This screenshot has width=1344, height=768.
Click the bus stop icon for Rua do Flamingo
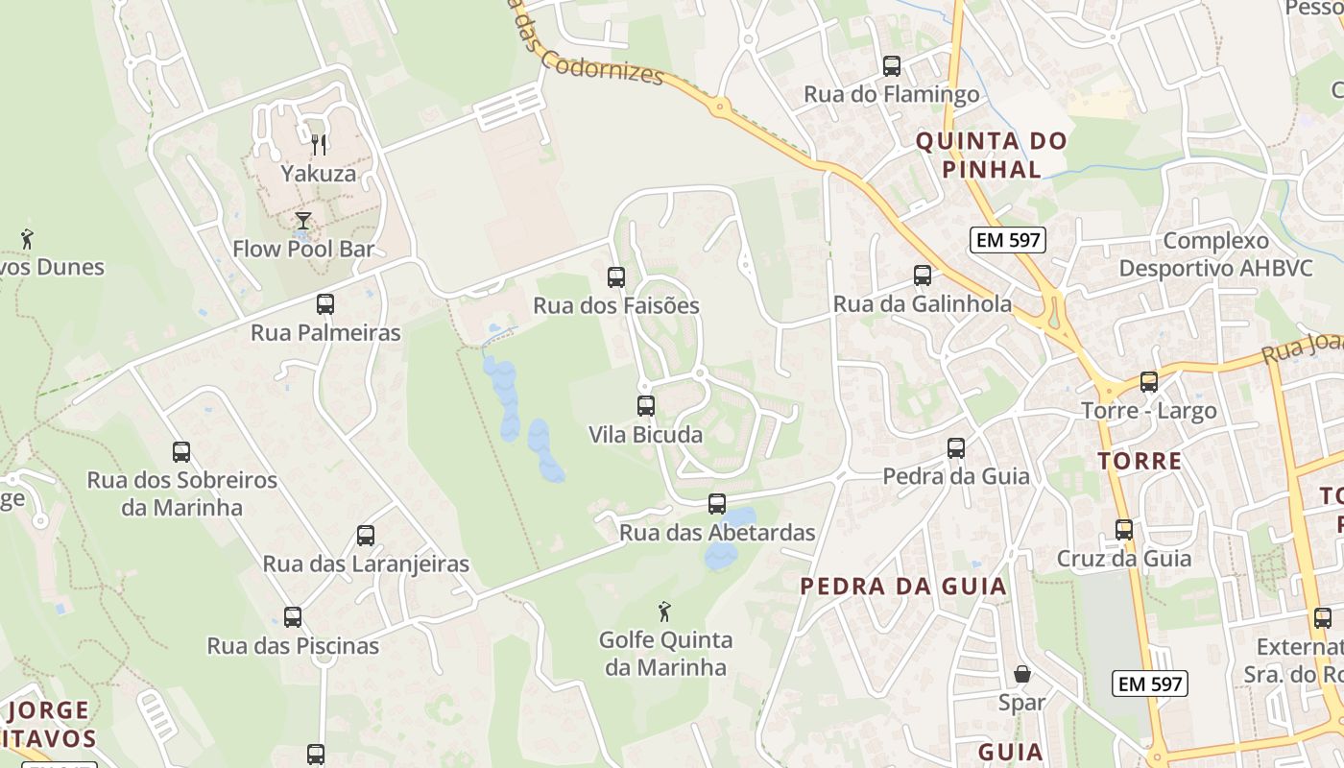pos(892,66)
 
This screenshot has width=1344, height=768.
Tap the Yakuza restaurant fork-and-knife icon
pos(319,145)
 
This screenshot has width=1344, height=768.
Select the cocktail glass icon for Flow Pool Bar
pos(303,221)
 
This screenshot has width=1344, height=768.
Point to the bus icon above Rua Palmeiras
pos(325,304)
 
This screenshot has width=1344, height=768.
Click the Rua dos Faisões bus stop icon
pos(616,277)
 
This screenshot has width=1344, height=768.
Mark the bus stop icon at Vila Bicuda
pos(646,406)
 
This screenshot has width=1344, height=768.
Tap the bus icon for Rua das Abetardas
pos(717,504)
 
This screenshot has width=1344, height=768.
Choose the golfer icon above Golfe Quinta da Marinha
pos(663,612)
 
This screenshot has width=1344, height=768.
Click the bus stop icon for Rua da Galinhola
pos(923,276)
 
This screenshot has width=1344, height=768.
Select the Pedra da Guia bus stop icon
pos(956,448)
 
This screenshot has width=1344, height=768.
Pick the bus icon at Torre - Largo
pos(1149,382)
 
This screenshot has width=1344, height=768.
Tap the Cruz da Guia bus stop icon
pos(1124,530)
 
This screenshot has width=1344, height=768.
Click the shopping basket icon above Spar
pos(1021,674)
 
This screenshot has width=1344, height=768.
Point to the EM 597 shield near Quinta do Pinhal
pos(1007,240)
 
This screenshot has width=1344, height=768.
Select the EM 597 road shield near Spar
pos(1150,684)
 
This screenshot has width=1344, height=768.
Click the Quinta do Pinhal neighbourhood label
pos(991,156)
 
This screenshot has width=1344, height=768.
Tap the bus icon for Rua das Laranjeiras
pos(366,536)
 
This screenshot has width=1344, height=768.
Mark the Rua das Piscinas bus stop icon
pos(293,617)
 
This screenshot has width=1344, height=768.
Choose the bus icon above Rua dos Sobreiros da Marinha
pos(181,451)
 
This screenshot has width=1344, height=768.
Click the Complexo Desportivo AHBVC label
pos(1215,254)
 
